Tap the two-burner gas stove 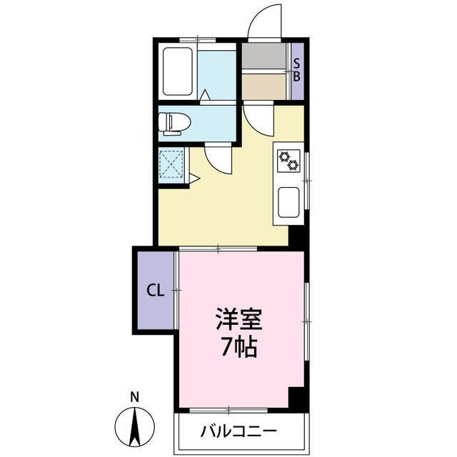click(x=288, y=161)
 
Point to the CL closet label click(x=155, y=291)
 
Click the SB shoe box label click(x=298, y=70)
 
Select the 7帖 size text click(x=239, y=348)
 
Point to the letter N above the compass click(x=134, y=397)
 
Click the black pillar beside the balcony click(x=298, y=401)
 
